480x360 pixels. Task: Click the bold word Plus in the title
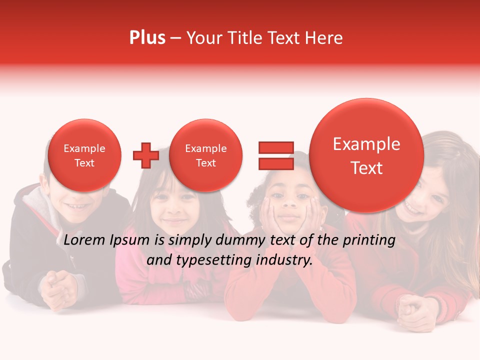pos(147,38)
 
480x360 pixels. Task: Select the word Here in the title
pos(324,38)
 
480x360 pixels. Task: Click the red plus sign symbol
pos(145,155)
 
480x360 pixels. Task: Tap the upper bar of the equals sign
pos(275,147)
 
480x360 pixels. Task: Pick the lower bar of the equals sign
pos(275,163)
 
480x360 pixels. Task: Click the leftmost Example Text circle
pos(84,155)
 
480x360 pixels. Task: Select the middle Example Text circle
pos(205,155)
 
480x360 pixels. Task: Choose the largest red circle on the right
pos(366,155)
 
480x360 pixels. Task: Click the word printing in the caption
pos(369,240)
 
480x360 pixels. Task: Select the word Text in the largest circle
pos(366,168)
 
